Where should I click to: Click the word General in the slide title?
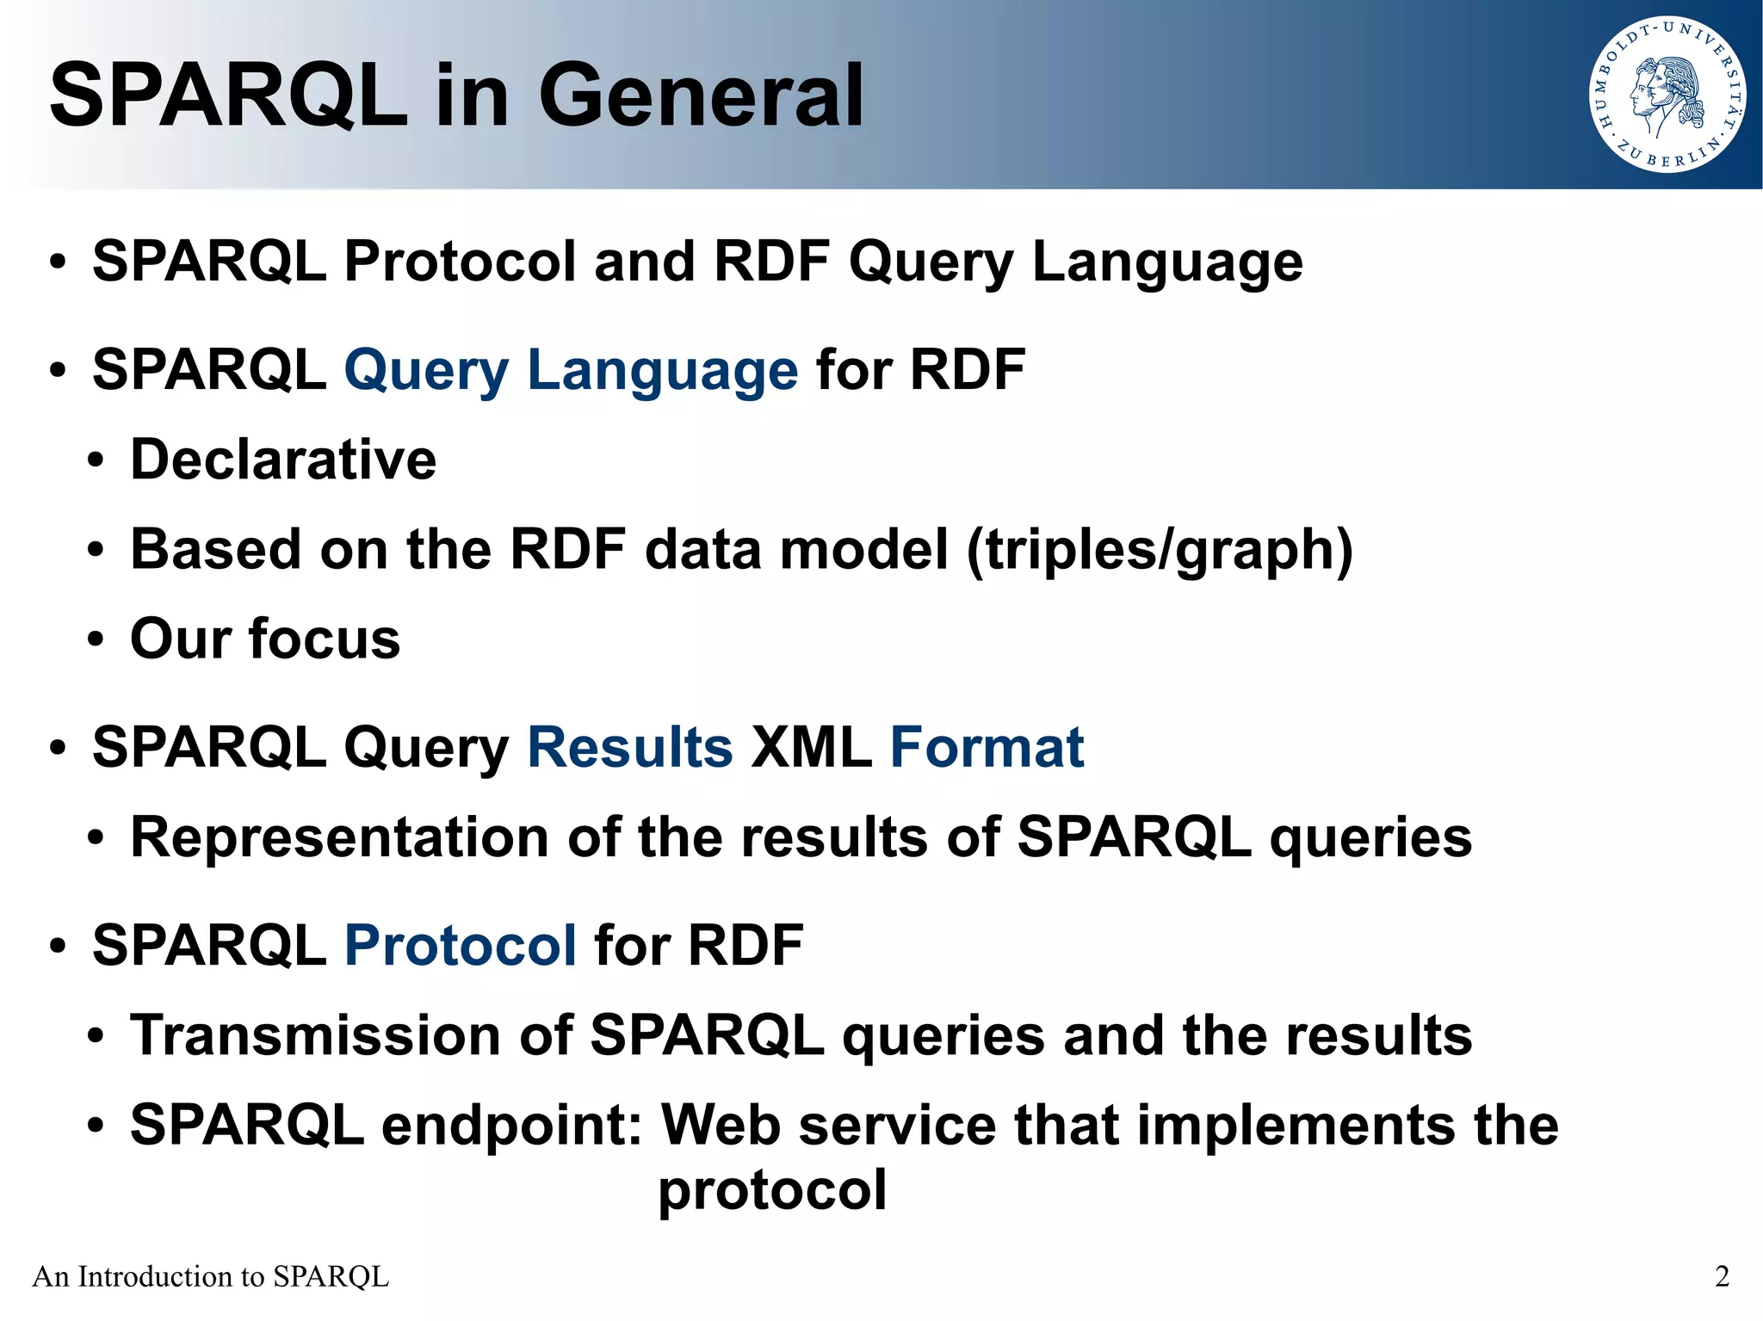[x=700, y=96]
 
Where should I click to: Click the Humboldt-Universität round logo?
[x=1667, y=95]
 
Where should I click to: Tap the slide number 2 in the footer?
[x=1722, y=1276]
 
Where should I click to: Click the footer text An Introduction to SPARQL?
[x=211, y=1276]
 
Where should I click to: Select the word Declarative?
[x=283, y=460]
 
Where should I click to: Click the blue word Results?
[x=629, y=747]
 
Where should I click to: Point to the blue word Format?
[x=987, y=747]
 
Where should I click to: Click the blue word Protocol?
[x=460, y=945]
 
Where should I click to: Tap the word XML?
[x=811, y=747]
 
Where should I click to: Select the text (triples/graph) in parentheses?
[x=1160, y=551]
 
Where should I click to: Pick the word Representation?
[x=339, y=837]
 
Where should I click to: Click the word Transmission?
[x=315, y=1035]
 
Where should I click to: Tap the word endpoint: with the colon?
[x=512, y=1126]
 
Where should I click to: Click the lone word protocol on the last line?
[x=772, y=1191]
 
